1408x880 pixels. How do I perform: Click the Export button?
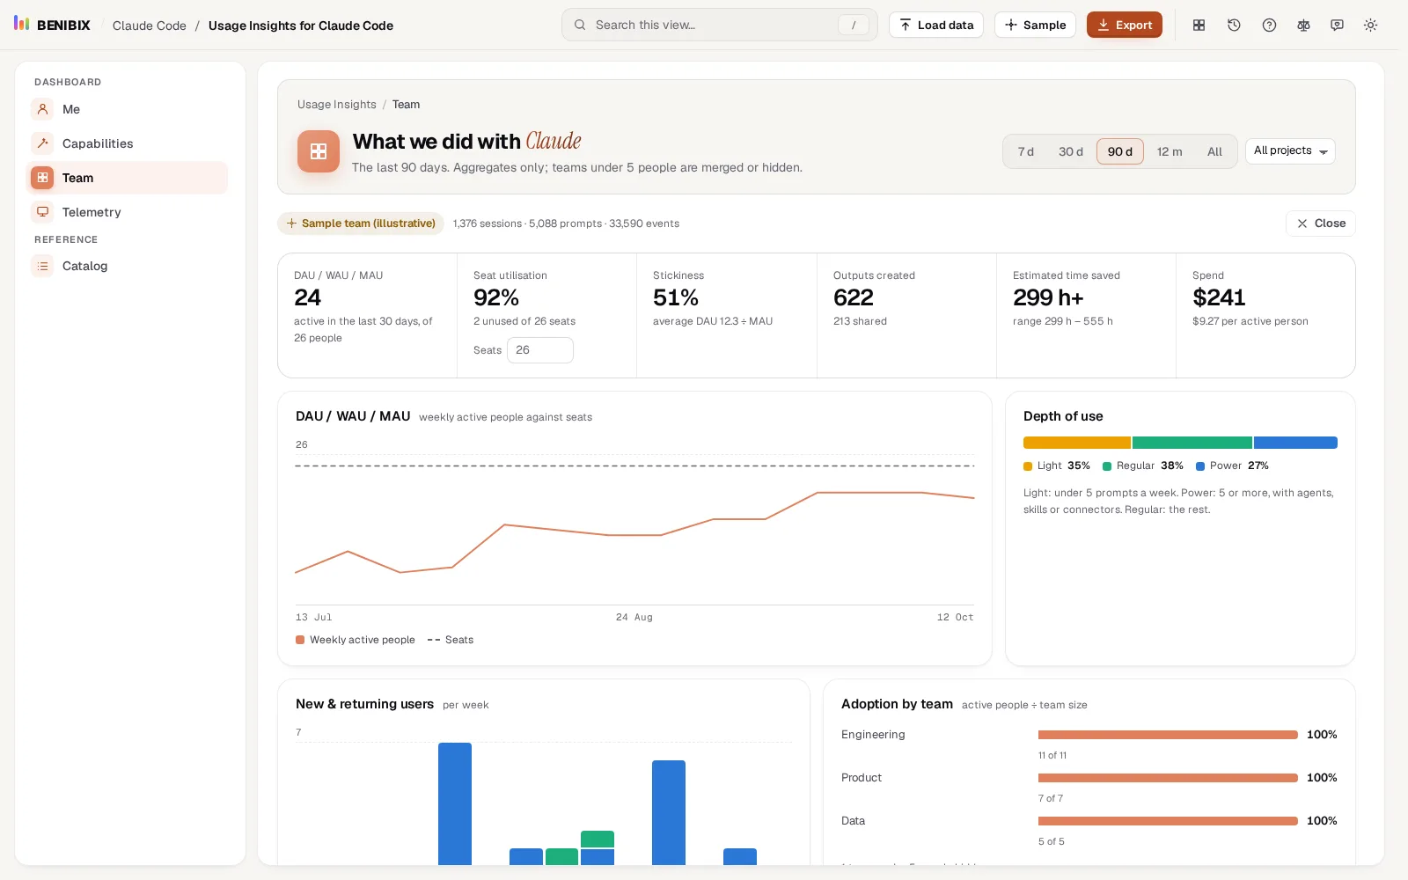point(1124,26)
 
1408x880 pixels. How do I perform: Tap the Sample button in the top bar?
point(1035,26)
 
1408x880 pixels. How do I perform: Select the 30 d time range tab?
point(1070,151)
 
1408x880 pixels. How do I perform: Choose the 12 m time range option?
point(1170,151)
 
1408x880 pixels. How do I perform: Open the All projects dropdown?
point(1290,150)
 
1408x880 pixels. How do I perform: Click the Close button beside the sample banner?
point(1321,224)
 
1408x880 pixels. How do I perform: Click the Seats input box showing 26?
point(540,350)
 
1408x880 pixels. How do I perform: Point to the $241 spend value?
point(1219,297)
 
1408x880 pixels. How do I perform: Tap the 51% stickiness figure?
point(676,297)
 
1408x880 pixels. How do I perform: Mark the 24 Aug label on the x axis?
point(634,617)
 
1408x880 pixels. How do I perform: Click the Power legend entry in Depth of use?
point(1232,466)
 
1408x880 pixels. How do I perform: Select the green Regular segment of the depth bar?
point(1192,443)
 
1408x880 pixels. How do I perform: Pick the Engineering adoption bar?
point(1168,735)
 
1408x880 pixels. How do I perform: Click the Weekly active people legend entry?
point(356,640)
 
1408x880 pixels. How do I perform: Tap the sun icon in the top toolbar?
point(1370,26)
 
